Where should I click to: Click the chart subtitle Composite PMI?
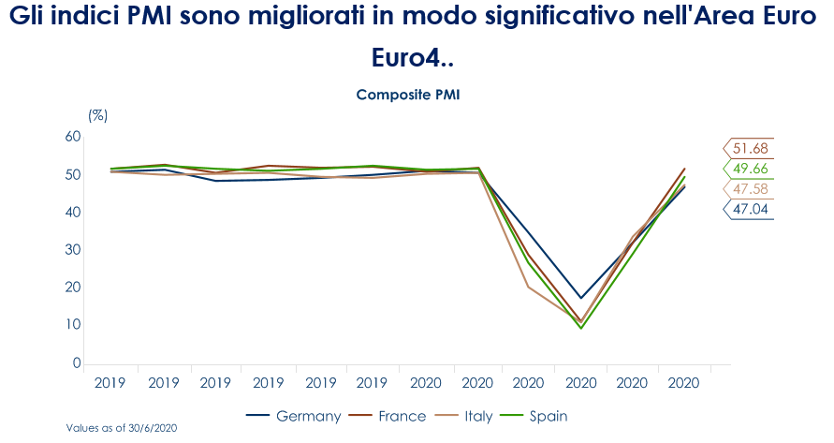407,95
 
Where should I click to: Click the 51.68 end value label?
751,149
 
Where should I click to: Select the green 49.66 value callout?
751,169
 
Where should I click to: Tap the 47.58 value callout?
751,189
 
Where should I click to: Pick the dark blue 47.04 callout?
751,209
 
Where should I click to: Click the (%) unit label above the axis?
97,115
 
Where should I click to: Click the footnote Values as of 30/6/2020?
122,428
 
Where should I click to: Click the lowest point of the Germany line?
581,298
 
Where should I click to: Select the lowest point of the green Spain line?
581,328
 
